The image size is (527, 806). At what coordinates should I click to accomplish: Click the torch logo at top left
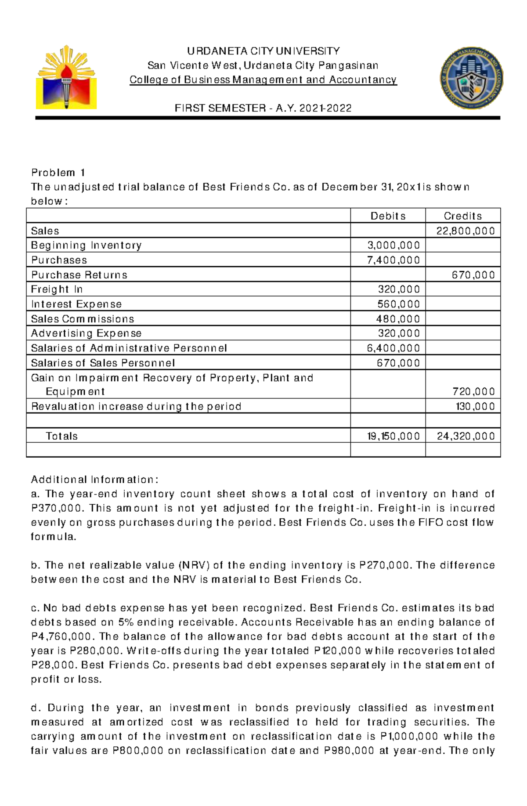pyautogui.click(x=66, y=77)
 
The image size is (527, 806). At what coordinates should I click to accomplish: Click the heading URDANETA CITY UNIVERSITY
pyautogui.click(x=263, y=51)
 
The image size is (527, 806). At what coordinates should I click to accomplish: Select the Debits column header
pyautogui.click(x=388, y=216)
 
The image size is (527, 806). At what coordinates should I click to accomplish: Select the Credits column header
pyautogui.click(x=462, y=216)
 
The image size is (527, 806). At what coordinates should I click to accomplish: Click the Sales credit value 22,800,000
pyautogui.click(x=465, y=231)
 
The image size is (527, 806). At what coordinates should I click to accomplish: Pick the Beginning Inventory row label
pyautogui.click(x=86, y=246)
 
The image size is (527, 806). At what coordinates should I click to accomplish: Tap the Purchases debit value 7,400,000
pyautogui.click(x=393, y=260)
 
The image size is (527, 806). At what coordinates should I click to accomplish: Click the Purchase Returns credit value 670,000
pyautogui.click(x=473, y=275)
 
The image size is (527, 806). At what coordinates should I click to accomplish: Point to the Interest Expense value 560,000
pyautogui.click(x=398, y=304)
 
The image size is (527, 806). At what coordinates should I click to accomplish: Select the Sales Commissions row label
pyautogui.click(x=82, y=319)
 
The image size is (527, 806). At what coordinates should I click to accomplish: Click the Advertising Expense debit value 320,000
pyautogui.click(x=398, y=333)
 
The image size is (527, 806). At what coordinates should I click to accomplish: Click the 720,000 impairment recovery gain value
pyautogui.click(x=473, y=392)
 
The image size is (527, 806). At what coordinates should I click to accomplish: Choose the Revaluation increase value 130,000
pyautogui.click(x=475, y=407)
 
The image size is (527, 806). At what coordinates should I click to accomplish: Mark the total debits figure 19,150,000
pyautogui.click(x=393, y=436)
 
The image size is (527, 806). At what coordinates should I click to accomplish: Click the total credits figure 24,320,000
pyautogui.click(x=465, y=436)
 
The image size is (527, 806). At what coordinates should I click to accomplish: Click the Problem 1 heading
pyautogui.click(x=58, y=173)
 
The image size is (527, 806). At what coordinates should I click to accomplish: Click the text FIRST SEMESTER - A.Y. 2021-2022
pyautogui.click(x=263, y=108)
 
